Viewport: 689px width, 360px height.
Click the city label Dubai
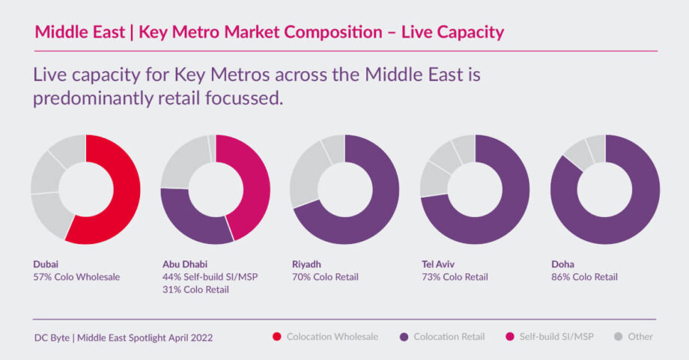(x=46, y=264)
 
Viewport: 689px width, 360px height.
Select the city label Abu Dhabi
(x=186, y=264)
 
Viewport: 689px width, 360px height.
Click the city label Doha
(x=562, y=264)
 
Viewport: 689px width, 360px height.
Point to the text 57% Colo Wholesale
(x=77, y=277)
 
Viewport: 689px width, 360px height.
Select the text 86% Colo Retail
(x=584, y=277)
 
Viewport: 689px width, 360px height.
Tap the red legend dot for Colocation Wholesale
(x=278, y=337)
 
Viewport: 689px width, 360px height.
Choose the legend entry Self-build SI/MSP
(x=556, y=337)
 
